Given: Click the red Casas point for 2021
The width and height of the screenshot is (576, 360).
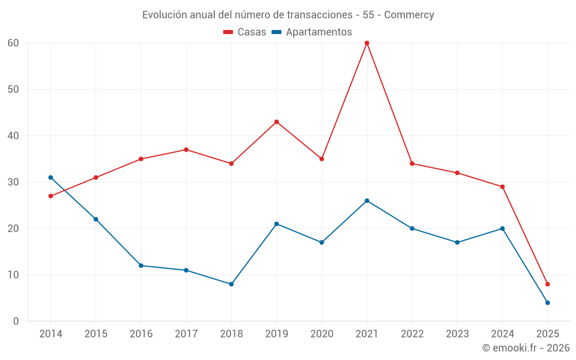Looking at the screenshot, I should click(367, 43).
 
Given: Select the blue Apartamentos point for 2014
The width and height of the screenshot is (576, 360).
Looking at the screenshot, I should click(51, 177).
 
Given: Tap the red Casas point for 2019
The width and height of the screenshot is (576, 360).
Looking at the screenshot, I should click(276, 122).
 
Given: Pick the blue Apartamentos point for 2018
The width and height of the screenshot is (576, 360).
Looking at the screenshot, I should click(231, 284).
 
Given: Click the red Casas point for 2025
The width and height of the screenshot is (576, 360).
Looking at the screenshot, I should click(547, 284).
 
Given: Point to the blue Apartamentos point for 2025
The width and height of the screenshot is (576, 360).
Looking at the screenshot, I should click(547, 302).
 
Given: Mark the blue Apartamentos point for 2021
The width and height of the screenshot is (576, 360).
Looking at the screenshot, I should click(367, 200).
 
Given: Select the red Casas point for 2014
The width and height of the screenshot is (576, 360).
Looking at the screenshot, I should click(51, 196).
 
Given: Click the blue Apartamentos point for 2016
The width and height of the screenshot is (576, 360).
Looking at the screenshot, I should click(141, 266).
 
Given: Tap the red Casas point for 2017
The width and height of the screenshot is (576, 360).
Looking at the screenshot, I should click(186, 150).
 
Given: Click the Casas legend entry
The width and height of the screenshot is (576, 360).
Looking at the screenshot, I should click(245, 32).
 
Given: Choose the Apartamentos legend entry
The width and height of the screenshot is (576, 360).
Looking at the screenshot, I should click(312, 32).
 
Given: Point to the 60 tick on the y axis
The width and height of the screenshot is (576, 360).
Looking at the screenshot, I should click(13, 43).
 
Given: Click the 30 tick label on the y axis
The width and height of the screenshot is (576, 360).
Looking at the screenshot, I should click(13, 182).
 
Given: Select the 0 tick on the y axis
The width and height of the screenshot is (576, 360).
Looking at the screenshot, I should click(16, 321).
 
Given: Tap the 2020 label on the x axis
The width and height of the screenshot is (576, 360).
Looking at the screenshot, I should click(321, 334).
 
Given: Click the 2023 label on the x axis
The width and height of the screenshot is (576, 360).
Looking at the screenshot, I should click(457, 334).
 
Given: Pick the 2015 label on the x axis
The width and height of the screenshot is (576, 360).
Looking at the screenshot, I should click(96, 334).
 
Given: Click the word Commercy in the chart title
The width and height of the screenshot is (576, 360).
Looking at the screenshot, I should click(409, 15).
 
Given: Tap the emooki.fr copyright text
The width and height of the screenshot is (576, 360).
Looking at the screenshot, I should click(526, 348).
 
